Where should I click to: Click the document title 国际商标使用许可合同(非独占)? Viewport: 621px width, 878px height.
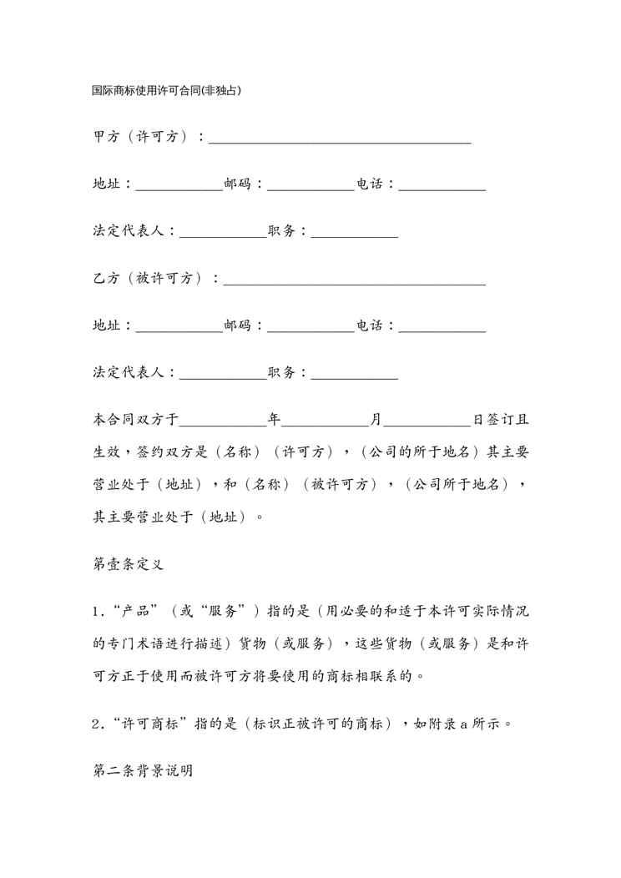167,89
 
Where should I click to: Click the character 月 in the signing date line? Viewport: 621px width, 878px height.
376,420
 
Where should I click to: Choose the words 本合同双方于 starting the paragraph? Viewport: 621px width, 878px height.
134,420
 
